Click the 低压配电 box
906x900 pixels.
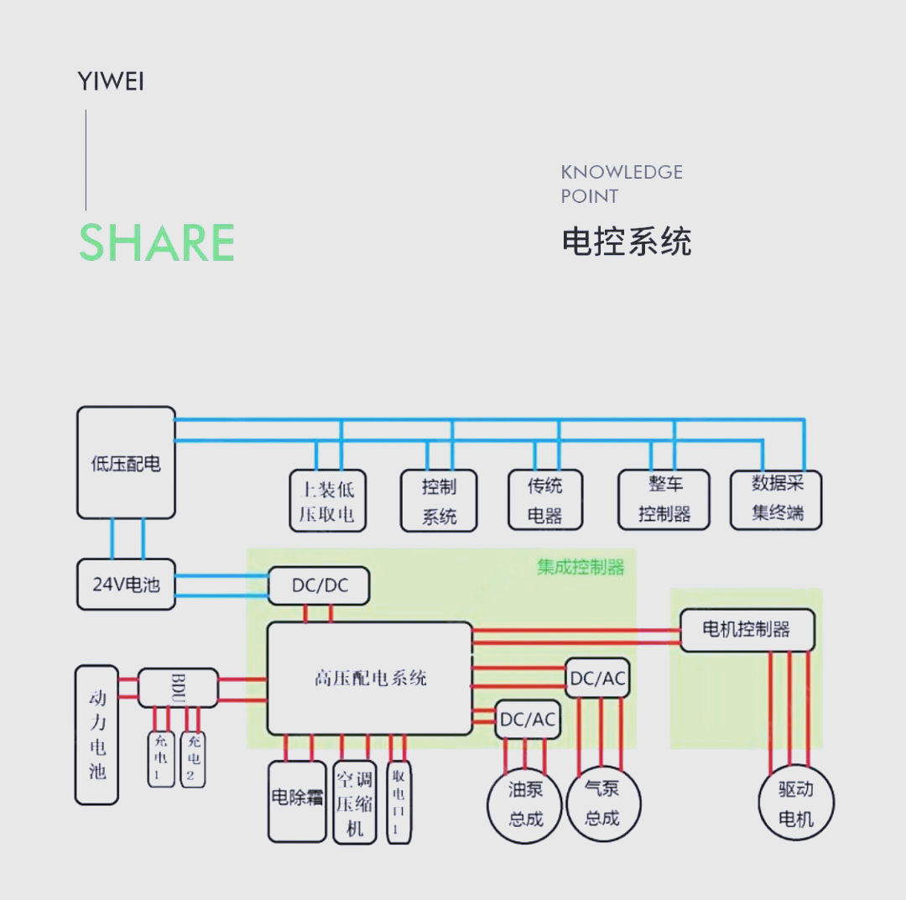click(x=126, y=463)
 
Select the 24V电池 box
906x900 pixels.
click(x=126, y=584)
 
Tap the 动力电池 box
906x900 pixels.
click(x=96, y=735)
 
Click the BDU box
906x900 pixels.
click(x=178, y=688)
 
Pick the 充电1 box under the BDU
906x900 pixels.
click(x=160, y=758)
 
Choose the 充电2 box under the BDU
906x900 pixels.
click(x=193, y=758)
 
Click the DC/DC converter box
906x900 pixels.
click(x=319, y=585)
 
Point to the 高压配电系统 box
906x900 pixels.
click(x=370, y=678)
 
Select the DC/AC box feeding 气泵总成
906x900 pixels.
click(x=597, y=678)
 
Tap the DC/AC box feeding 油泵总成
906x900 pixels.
click(x=528, y=719)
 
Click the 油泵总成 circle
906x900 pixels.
click(x=525, y=804)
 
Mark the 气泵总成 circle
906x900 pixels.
click(x=602, y=804)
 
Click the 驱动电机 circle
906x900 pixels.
click(x=795, y=804)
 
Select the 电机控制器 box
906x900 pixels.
click(x=746, y=629)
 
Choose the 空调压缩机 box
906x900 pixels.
click(x=354, y=802)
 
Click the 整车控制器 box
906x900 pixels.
click(x=664, y=499)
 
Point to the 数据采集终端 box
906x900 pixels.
click(x=776, y=499)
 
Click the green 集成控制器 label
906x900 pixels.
click(x=581, y=567)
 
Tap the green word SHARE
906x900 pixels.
click(x=157, y=243)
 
